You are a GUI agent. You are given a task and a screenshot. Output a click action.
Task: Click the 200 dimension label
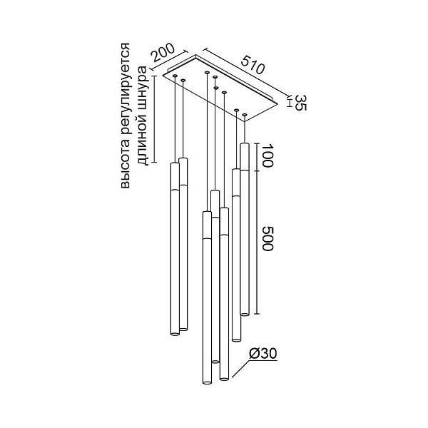(163, 52)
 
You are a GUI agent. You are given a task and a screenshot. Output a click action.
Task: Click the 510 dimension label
(253, 64)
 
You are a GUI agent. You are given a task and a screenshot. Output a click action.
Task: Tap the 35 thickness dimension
(301, 103)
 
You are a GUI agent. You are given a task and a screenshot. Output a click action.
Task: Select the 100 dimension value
(267, 156)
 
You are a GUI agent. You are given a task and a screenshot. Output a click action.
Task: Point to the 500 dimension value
(267, 238)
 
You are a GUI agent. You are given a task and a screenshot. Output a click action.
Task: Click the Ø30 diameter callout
(263, 354)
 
